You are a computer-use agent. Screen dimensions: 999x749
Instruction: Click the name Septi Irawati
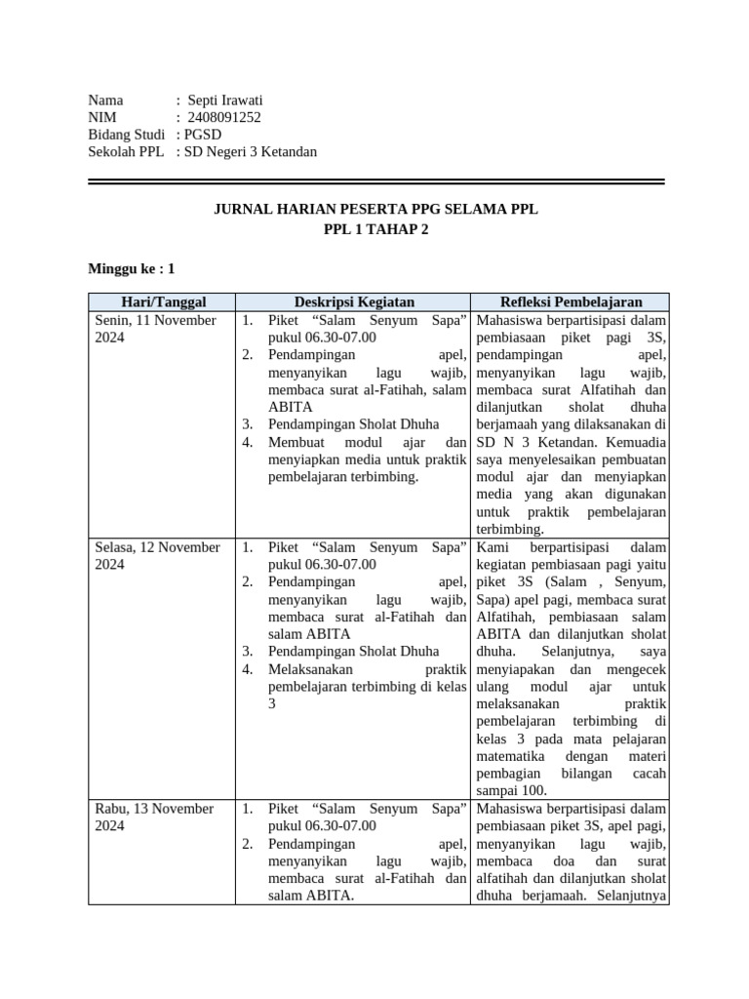pos(225,100)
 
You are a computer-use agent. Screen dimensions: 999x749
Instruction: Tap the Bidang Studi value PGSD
pos(205,135)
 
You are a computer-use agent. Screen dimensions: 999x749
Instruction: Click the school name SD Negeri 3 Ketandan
pos(252,152)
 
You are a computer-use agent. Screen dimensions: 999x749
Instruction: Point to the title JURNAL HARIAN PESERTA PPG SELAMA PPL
pos(375,210)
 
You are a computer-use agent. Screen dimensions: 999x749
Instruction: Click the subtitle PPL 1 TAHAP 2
pos(375,229)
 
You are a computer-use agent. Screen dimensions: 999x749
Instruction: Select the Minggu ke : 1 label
pos(132,268)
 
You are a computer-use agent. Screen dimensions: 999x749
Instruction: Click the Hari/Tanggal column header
pos(163,302)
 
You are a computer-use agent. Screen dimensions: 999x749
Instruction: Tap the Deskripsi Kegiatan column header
pos(354,302)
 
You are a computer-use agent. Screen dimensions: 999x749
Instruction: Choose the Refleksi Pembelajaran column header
pos(572,302)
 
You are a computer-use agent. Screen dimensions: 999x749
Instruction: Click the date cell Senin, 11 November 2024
pos(154,329)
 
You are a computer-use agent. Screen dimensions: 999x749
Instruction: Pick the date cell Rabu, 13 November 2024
pos(154,817)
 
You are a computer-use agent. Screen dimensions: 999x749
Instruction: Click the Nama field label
pos(106,100)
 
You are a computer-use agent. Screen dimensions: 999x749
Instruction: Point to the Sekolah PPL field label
pos(126,152)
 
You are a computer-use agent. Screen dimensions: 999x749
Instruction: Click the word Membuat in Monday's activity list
pos(296,442)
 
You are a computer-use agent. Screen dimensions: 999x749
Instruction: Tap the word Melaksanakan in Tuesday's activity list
pos(312,668)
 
